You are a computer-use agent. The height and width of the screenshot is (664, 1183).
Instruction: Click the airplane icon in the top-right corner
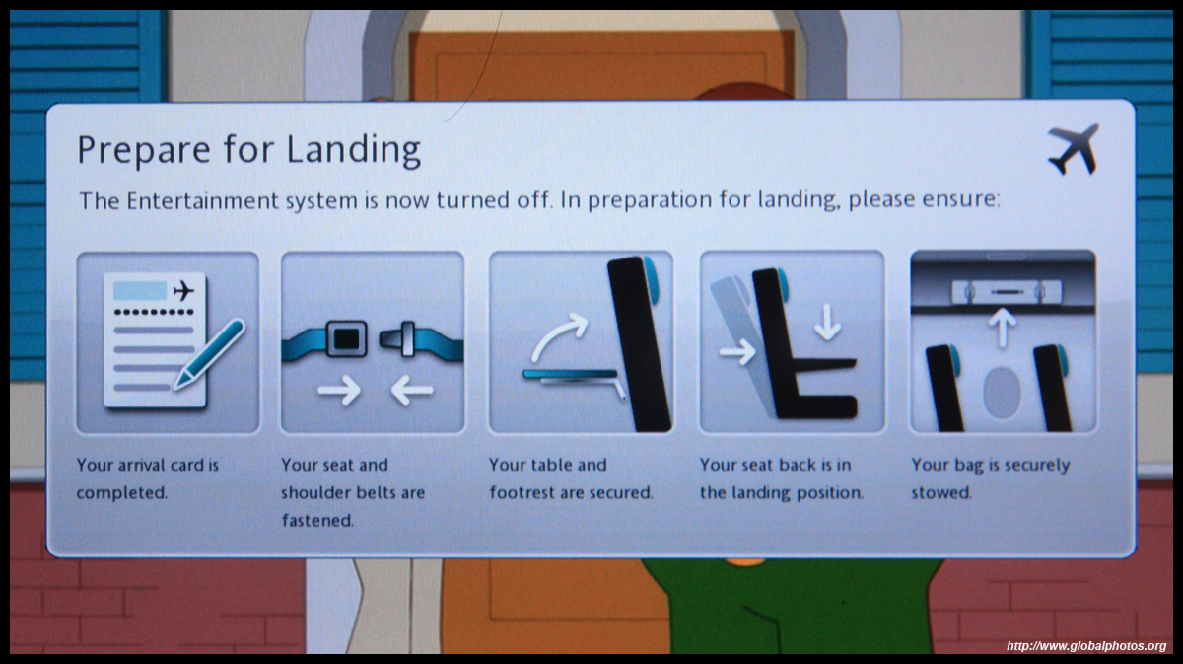pos(1074,149)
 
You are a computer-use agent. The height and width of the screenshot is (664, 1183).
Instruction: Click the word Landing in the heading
pos(353,150)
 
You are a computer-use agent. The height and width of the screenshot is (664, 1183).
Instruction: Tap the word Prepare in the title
pos(144,151)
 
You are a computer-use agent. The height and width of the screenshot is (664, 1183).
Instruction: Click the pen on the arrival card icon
pos(210,353)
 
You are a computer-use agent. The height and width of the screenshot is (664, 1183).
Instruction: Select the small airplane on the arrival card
pos(183,291)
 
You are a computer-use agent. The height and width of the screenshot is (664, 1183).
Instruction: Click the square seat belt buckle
pos(346,338)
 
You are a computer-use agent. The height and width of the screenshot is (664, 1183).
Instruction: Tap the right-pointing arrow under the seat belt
pos(339,391)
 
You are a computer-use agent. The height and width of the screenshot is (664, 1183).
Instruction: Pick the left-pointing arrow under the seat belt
pos(412,391)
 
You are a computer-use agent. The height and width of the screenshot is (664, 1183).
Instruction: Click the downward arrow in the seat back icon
pos(827,322)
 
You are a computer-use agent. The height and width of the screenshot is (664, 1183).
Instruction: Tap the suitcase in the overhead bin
pos(1007,292)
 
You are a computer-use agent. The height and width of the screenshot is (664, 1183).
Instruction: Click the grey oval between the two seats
pos(1002,394)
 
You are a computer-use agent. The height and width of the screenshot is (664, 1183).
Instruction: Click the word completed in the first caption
pos(122,493)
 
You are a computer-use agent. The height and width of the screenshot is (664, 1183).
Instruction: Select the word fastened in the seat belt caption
pos(317,521)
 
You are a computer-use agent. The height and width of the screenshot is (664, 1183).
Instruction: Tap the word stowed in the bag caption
pos(941,493)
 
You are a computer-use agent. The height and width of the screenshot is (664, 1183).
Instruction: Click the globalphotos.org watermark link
pos(1086,646)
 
